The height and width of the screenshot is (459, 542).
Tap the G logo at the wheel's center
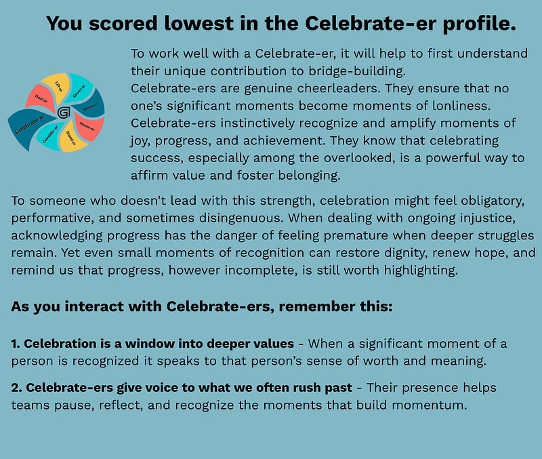64,113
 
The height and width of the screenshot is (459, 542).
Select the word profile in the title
480,24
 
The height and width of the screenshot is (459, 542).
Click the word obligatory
493,201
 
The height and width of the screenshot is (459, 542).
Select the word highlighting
421,270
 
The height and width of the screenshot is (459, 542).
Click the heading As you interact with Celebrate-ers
201,307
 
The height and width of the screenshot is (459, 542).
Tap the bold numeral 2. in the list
16,388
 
